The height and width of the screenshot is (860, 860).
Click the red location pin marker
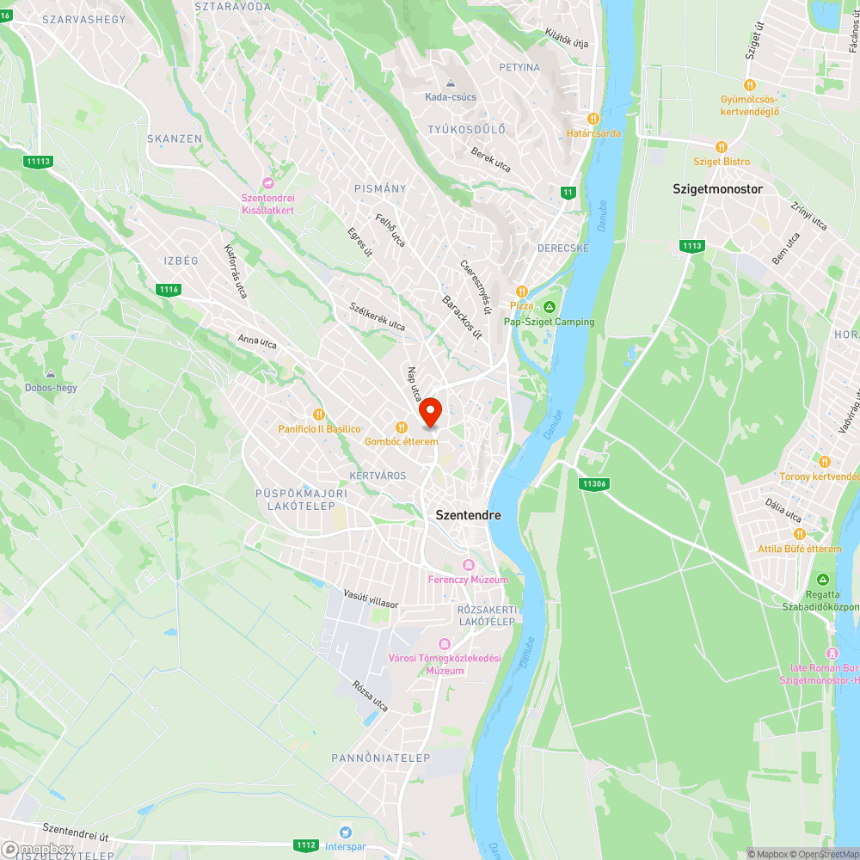tap(429, 411)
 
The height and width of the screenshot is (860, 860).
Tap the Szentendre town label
tap(468, 515)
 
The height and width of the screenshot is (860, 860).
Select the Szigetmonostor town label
tap(717, 188)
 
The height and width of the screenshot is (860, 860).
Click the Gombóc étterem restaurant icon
tap(401, 427)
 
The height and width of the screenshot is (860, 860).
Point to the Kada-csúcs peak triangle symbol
tap(451, 83)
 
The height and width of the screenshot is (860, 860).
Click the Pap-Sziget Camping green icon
tap(549, 307)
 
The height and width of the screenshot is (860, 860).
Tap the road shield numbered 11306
tap(593, 484)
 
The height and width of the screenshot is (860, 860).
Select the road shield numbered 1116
tap(169, 290)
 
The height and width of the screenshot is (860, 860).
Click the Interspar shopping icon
tap(346, 832)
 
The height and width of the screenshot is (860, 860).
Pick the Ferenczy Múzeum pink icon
tap(469, 565)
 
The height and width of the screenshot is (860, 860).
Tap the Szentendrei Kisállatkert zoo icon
tap(267, 184)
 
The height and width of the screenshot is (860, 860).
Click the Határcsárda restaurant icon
tap(593, 119)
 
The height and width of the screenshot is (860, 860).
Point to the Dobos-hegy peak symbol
tap(51, 374)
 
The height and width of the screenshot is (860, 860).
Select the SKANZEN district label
tap(175, 138)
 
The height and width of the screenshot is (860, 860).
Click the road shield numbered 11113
tap(39, 162)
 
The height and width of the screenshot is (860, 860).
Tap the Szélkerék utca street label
tap(377, 316)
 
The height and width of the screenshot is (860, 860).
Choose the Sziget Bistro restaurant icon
tap(722, 147)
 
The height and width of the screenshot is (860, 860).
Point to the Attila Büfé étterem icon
tap(799, 534)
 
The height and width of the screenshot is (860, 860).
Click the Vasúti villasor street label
tap(372, 599)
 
